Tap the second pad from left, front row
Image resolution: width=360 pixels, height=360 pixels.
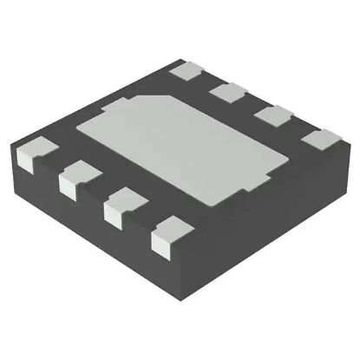click(x=76, y=177)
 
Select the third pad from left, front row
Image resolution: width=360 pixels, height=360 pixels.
click(x=121, y=206)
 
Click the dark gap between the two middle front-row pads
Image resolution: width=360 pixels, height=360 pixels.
click(x=99, y=193)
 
